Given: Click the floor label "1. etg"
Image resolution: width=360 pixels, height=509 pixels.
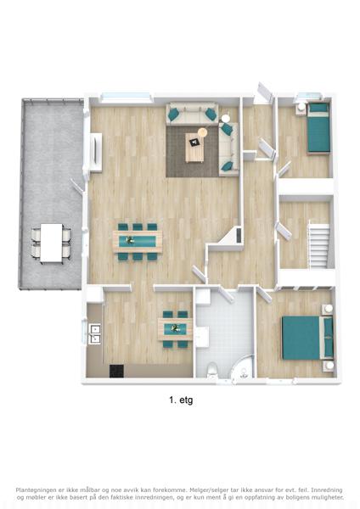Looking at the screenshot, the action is [181, 400].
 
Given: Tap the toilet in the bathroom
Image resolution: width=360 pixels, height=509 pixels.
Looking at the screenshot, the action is [212, 370].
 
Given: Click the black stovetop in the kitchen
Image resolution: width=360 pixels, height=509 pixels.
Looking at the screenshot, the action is [116, 371].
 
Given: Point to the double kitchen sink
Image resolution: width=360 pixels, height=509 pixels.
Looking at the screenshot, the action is [94, 334].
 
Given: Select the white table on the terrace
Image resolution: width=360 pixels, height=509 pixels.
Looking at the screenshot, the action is [51, 243].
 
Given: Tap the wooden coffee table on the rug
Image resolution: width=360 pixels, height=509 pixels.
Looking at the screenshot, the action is [194, 148].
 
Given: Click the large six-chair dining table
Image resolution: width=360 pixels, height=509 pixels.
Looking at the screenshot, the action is [138, 242].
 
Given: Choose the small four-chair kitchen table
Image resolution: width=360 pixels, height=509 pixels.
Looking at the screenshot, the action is [175, 329].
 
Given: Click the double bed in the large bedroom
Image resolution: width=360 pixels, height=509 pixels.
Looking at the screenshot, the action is [307, 338].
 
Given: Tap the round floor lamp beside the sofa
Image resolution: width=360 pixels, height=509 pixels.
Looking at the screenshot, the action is [203, 132].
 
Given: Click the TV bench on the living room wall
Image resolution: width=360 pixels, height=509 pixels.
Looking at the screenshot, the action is [96, 152].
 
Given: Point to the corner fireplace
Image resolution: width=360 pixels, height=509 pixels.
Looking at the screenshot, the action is [231, 235].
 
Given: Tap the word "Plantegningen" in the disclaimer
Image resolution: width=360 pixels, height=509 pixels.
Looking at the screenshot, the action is [33, 489].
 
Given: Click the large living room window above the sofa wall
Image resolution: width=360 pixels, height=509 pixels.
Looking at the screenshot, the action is [127, 98].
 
